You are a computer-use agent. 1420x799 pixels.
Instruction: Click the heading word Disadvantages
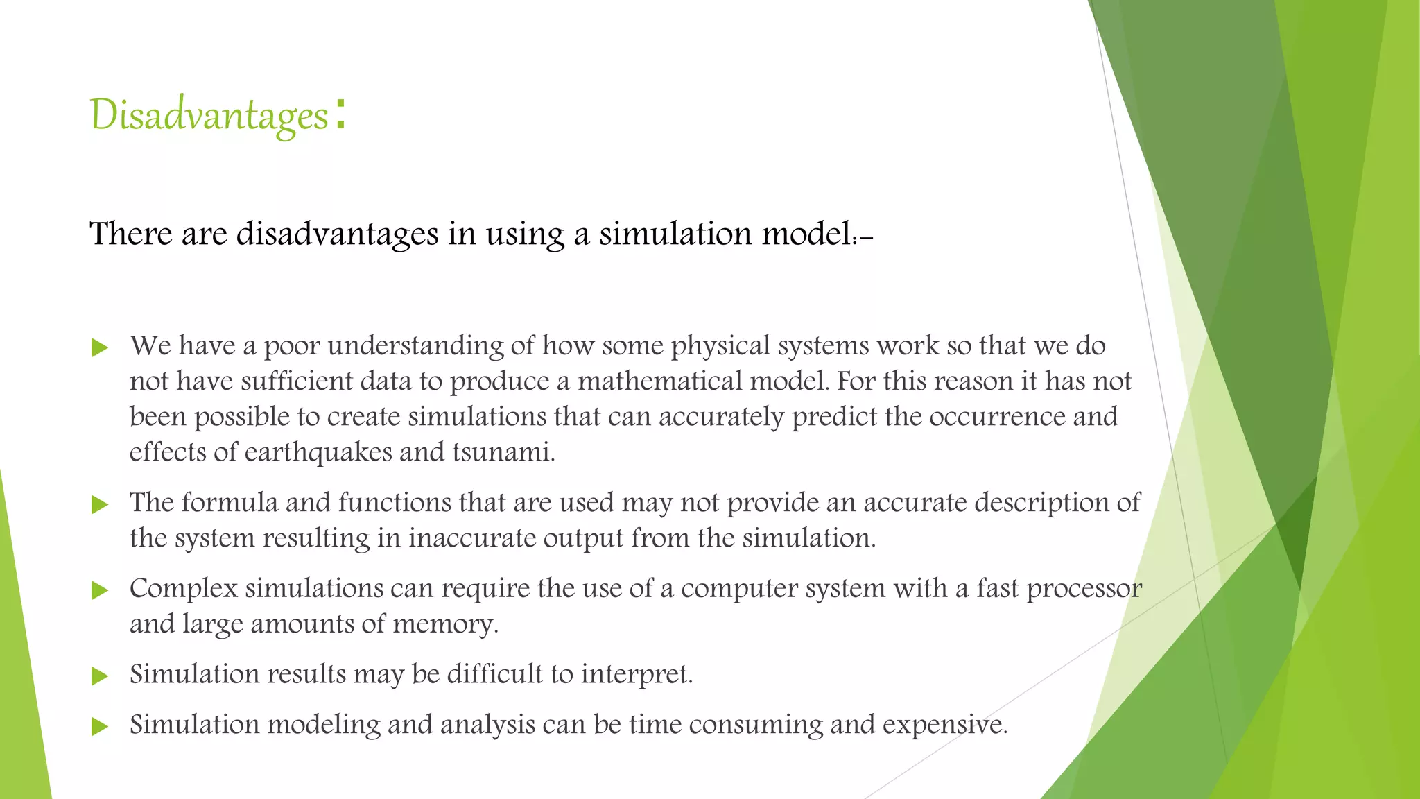coord(209,114)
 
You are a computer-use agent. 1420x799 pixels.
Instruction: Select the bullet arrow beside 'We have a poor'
coord(100,347)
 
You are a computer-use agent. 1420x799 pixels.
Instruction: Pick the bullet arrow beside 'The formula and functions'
coord(100,505)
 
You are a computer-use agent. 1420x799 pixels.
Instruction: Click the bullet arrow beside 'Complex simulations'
coord(100,590)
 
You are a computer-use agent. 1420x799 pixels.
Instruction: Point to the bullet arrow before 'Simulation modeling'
coord(100,727)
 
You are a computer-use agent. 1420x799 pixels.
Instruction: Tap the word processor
coord(1084,589)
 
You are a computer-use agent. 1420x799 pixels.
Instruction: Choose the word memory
coord(444,624)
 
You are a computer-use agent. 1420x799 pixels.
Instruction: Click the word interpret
coord(636,675)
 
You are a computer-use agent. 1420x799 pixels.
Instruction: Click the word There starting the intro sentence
coord(131,234)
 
